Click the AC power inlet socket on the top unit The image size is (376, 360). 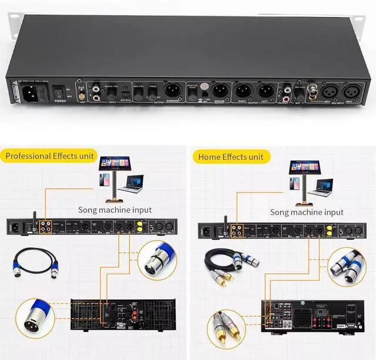pyautogui.click(x=31, y=92)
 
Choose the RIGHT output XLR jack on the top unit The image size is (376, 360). pyautogui.click(x=244, y=91)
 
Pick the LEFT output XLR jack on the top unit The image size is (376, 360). pyautogui.click(x=266, y=91)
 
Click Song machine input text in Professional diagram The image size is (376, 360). pyautogui.click(x=115, y=210)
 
